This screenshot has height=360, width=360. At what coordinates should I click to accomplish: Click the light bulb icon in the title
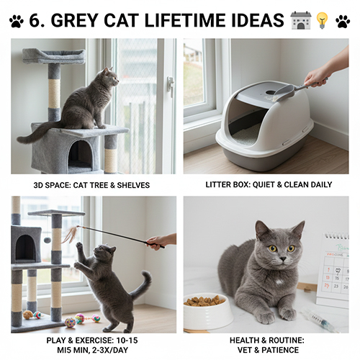click(322, 20)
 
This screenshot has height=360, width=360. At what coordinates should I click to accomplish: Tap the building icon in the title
click(300, 20)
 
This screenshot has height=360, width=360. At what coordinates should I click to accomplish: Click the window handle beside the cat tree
click(171, 86)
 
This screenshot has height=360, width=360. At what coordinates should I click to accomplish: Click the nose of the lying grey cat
click(283, 258)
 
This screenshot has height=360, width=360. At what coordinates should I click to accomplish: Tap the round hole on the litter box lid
click(271, 92)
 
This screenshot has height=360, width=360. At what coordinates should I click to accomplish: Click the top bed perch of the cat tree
click(54, 55)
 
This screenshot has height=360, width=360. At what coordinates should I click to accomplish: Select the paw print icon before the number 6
click(17, 21)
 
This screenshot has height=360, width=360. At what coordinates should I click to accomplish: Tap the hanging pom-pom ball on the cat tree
click(47, 240)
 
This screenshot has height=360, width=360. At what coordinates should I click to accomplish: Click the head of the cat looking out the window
click(110, 77)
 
